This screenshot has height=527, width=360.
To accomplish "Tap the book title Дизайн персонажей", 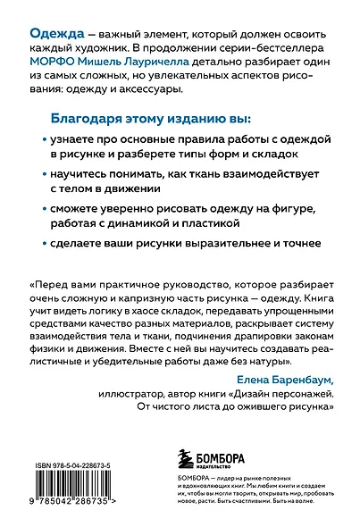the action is (x=274, y=393).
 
